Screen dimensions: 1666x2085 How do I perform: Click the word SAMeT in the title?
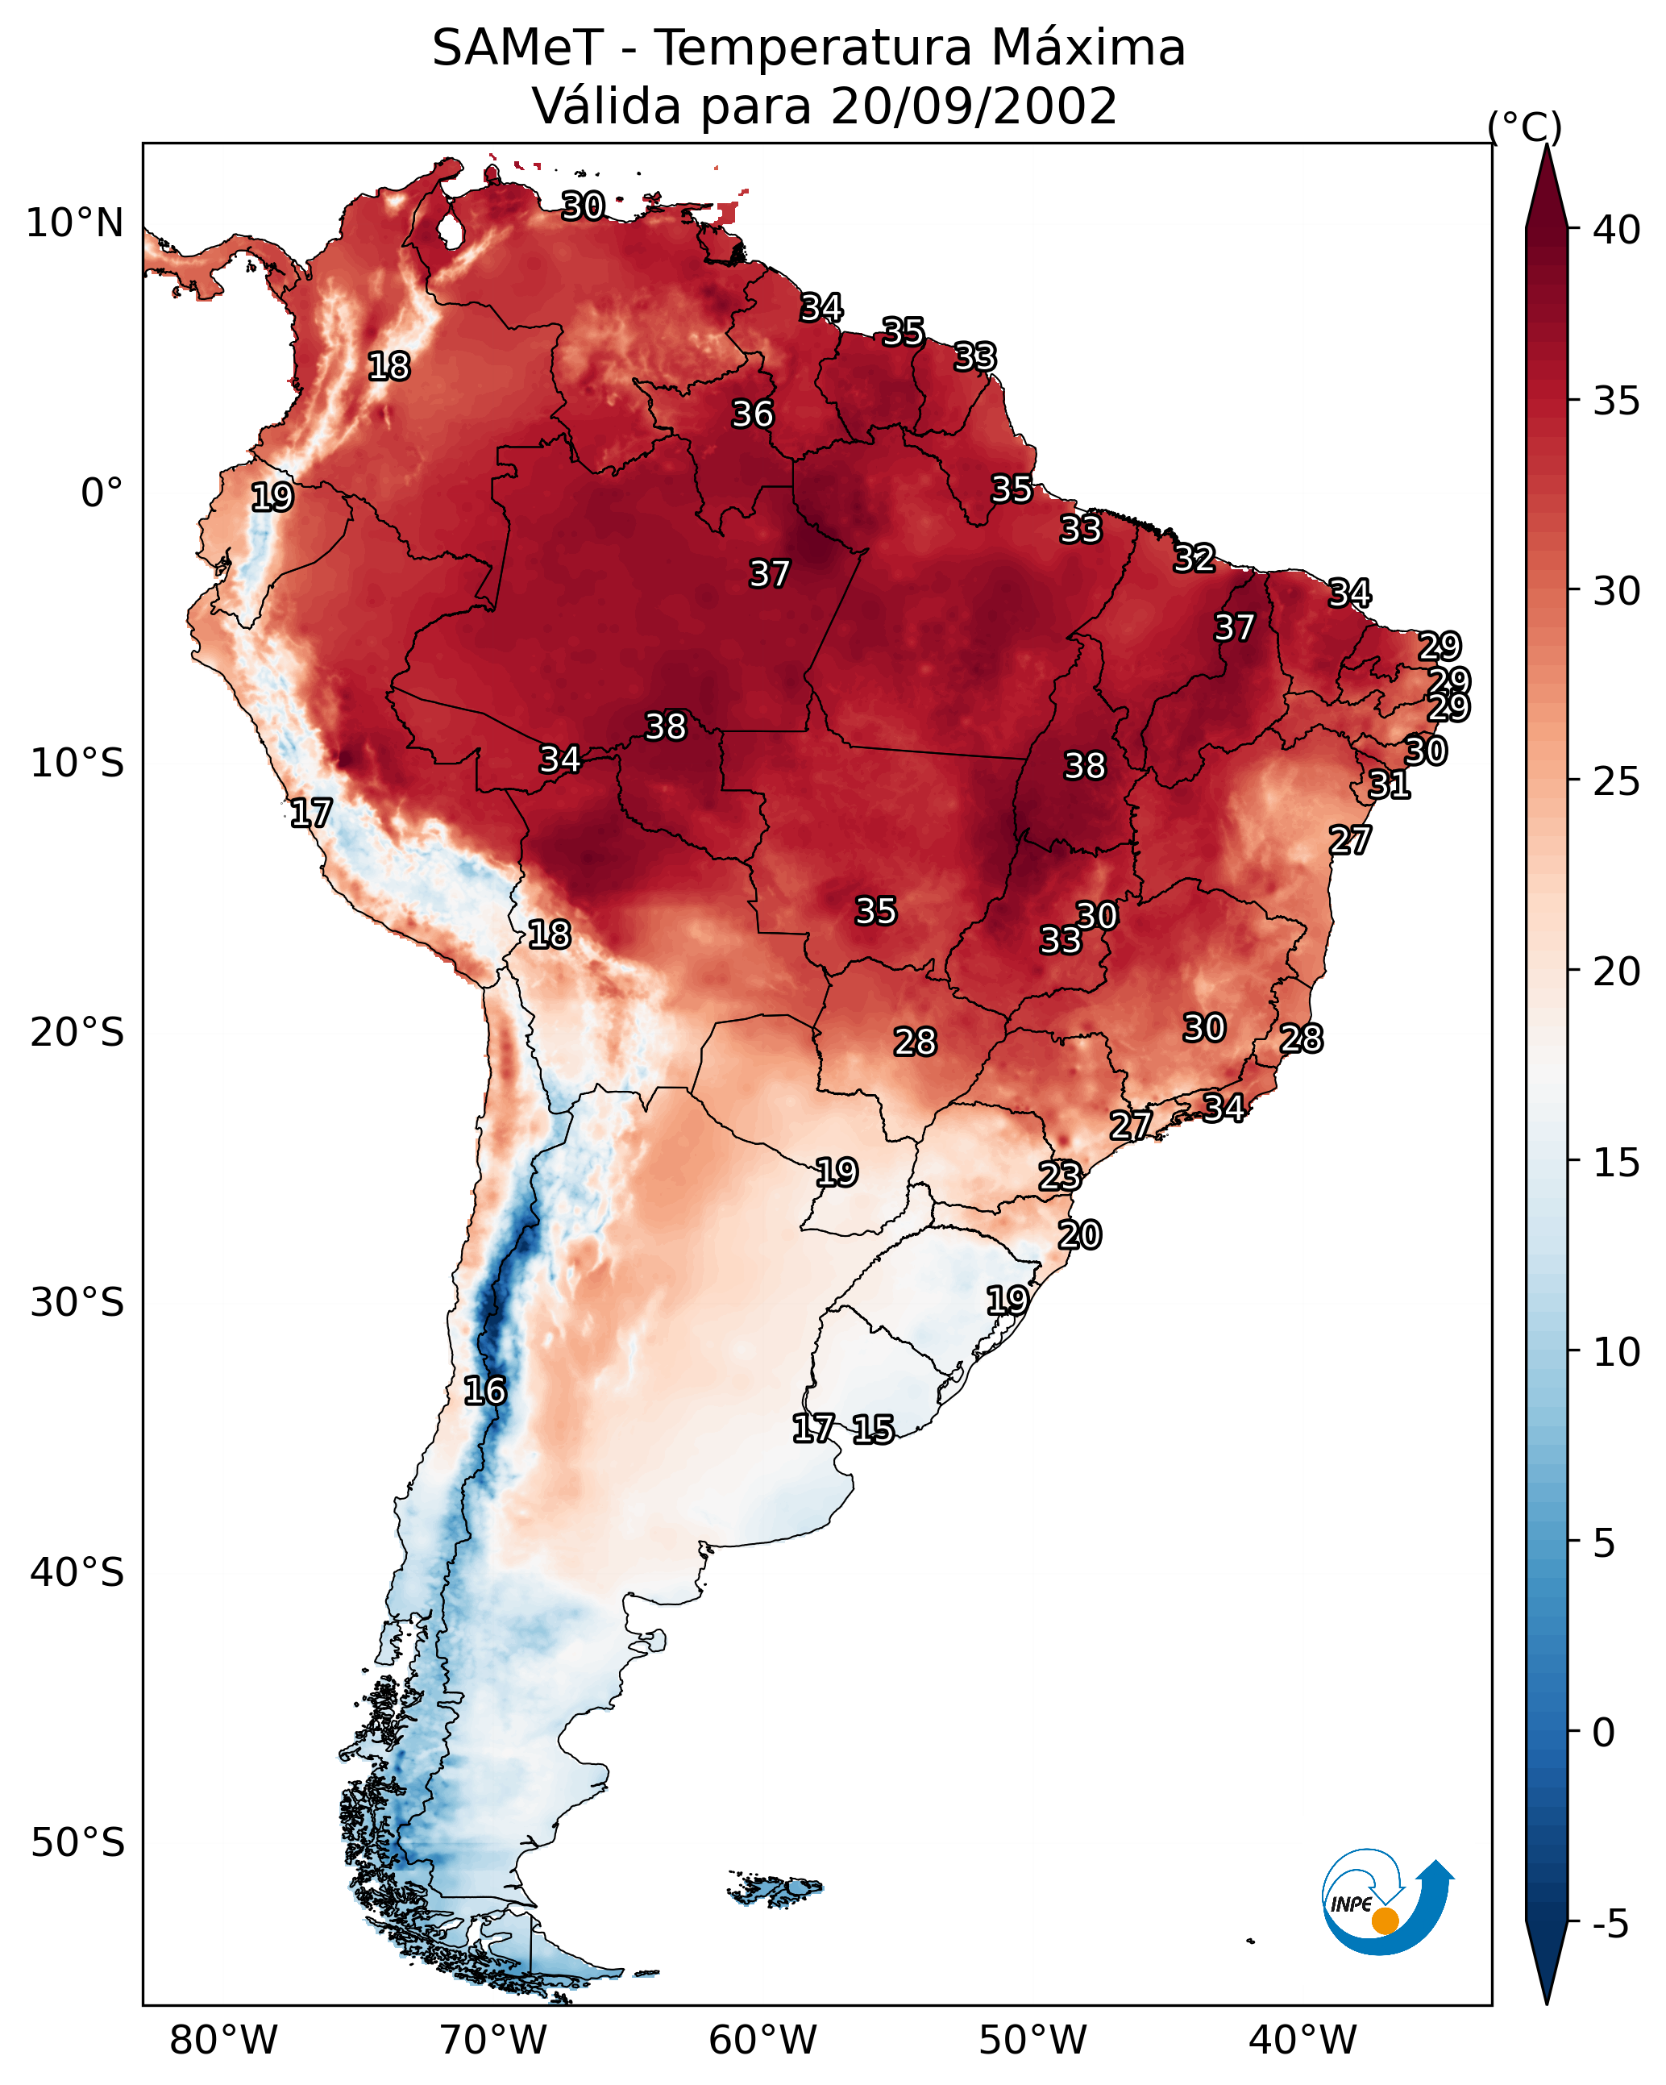[517, 48]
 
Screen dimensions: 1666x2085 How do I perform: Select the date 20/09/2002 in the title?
[974, 106]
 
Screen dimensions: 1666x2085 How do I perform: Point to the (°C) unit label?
[1524, 127]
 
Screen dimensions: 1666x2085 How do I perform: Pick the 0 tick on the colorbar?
[1604, 1733]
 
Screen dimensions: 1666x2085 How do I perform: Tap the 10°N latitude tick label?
[74, 223]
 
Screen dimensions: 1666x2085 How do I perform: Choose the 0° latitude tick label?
[102, 493]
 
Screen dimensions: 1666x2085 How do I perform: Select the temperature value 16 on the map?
[484, 1392]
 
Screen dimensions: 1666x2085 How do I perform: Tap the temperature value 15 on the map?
[873, 1430]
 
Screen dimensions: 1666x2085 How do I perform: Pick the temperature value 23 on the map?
[1060, 1177]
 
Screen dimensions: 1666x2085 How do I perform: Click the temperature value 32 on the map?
[1194, 559]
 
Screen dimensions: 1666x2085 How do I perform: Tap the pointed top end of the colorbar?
[1546, 145]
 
